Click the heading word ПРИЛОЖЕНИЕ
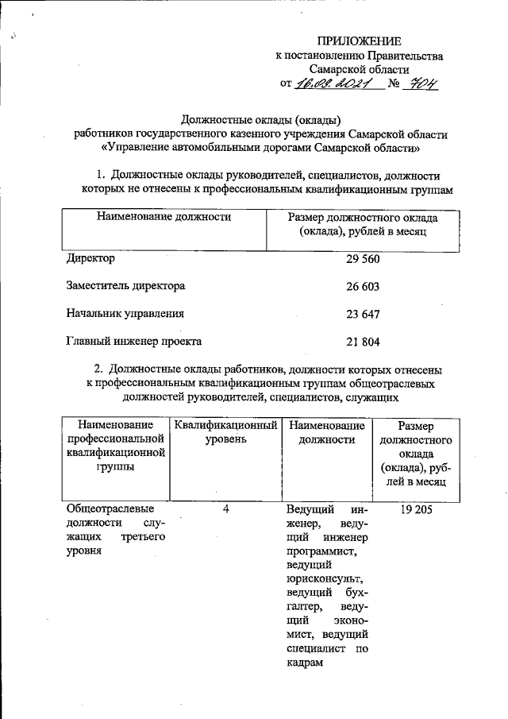point(359,41)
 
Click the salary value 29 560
point(362,259)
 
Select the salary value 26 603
point(362,287)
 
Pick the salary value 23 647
point(362,314)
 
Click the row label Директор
point(91,259)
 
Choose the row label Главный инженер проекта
point(134,342)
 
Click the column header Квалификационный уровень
point(226,432)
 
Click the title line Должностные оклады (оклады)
point(261,120)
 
